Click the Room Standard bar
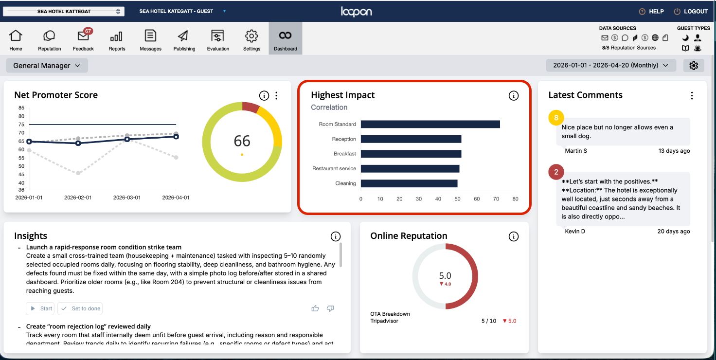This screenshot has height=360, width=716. [x=430, y=124]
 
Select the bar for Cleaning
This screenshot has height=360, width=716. [x=409, y=183]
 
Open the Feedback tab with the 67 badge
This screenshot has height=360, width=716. [x=83, y=39]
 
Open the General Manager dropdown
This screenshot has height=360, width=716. [x=47, y=66]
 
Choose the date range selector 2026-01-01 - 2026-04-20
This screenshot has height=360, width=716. [x=611, y=65]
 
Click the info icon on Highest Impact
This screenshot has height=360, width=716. [x=513, y=96]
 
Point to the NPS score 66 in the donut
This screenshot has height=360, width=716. [x=242, y=141]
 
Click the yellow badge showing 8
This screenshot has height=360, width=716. [x=556, y=118]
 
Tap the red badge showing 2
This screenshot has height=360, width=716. [x=556, y=172]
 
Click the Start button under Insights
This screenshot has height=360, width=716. [x=40, y=308]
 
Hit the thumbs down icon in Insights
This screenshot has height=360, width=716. [x=330, y=308]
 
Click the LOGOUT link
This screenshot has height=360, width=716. [x=691, y=11]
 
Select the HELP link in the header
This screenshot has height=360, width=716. [x=651, y=11]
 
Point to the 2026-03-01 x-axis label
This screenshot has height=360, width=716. [x=126, y=198]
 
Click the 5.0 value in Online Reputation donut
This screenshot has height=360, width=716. [x=445, y=276]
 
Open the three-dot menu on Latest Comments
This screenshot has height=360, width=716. [x=692, y=96]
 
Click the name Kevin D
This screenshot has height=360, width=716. [x=575, y=231]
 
